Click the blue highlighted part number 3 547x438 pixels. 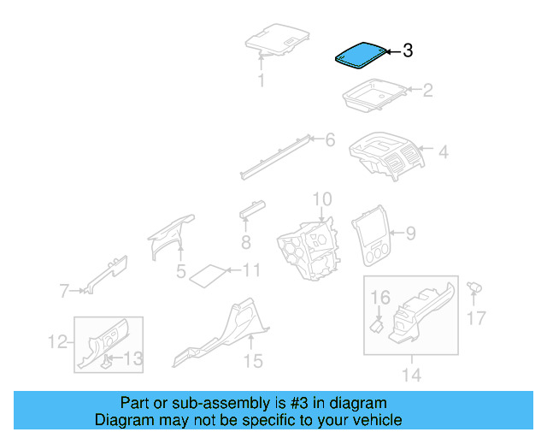coord(359,56)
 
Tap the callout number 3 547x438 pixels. coord(408,51)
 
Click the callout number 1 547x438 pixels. coord(262,81)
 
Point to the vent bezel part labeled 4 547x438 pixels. coord(386,156)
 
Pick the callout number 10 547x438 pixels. coord(321,199)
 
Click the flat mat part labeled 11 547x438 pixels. coord(206,274)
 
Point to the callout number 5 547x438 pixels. coord(181,272)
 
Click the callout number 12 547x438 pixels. coord(57,342)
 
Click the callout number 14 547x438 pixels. coord(411,375)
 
